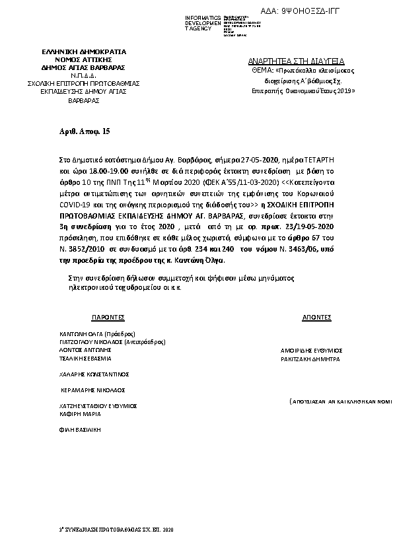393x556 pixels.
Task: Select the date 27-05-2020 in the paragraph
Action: [x=260, y=160]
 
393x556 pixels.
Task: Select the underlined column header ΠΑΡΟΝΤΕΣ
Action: [x=108, y=318]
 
